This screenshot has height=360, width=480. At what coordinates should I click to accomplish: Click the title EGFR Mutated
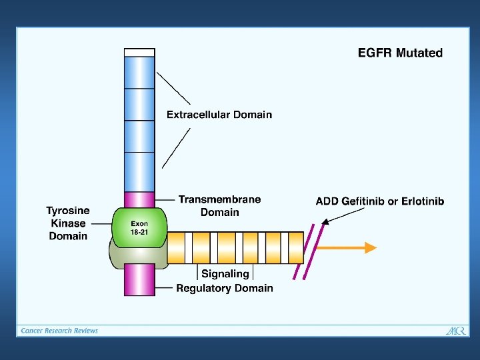click(400, 53)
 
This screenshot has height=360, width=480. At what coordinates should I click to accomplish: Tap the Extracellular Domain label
click(219, 115)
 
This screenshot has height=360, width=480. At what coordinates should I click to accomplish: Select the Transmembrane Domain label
click(219, 205)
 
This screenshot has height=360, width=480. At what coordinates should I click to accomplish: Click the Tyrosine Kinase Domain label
click(68, 223)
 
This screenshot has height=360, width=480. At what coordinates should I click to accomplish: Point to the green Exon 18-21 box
click(139, 227)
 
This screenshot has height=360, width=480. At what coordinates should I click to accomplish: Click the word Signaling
click(225, 273)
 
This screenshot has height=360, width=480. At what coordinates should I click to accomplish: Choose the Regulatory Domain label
click(225, 288)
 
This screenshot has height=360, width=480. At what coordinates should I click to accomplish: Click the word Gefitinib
click(367, 201)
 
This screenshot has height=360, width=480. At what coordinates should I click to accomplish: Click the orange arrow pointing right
click(347, 247)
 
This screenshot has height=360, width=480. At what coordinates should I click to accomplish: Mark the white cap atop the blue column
click(139, 52)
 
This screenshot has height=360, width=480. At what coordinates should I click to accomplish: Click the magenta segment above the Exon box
click(139, 199)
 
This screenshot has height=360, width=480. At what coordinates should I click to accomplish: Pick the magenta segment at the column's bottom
click(139, 279)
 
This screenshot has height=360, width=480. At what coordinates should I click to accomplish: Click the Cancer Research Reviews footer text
click(59, 331)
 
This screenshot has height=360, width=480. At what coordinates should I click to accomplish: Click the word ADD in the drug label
click(327, 201)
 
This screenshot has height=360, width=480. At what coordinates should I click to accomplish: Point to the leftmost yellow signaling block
click(176, 247)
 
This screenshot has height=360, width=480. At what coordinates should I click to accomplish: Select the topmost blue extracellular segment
click(139, 72)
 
